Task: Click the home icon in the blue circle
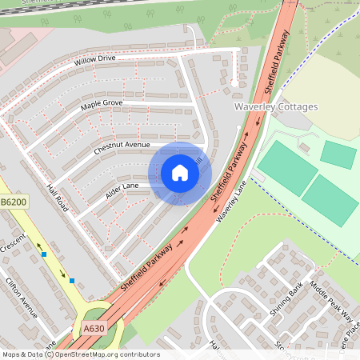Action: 180,173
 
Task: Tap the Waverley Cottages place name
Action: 276,106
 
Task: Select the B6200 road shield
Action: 14,203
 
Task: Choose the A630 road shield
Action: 93,327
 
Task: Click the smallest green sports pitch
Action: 338,154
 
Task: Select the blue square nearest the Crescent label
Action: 44,254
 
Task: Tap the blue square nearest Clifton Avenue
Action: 72,281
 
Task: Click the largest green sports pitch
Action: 287,167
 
